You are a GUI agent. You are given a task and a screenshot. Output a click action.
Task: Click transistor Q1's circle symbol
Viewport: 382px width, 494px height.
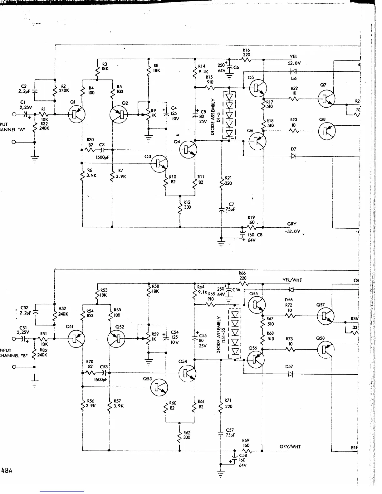tap(76, 114)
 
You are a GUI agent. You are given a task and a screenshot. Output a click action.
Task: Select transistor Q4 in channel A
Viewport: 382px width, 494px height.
tap(188, 150)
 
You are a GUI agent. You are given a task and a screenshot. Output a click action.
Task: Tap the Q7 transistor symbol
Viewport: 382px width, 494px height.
tap(326, 99)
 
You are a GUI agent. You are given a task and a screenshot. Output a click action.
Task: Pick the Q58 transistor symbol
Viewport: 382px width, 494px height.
tap(325, 350)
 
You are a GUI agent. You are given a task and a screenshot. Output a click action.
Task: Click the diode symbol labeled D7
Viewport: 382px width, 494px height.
tap(293, 156)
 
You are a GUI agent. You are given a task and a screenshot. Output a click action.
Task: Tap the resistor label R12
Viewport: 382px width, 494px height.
tap(187, 202)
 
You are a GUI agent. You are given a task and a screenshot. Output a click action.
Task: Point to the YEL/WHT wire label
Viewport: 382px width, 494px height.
tap(292, 280)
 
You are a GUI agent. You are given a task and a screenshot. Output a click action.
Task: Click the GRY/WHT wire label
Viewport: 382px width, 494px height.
tap(290, 447)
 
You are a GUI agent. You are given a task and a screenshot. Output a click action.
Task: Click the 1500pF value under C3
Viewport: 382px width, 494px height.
tap(102, 157)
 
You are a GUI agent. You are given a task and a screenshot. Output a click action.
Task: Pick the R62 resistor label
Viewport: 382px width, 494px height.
tap(187, 433)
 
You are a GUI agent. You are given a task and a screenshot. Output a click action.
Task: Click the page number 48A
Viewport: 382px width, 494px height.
tap(7, 471)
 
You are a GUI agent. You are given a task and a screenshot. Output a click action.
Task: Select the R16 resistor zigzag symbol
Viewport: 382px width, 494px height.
tap(247, 60)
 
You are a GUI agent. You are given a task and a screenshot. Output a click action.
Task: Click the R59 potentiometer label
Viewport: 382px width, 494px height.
tap(155, 334)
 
